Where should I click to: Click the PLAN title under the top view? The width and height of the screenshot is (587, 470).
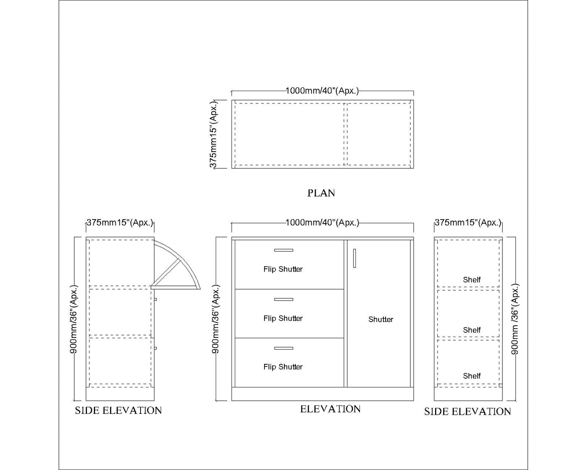pos(321,193)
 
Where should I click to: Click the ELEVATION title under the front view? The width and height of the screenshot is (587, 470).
pos(330,409)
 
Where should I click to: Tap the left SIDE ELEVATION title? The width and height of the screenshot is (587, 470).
pos(118,411)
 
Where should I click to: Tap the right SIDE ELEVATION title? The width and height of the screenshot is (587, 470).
pos(468,411)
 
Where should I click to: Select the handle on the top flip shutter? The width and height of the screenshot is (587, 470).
pos(284,250)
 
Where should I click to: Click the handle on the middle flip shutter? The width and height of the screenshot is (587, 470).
pos(284,299)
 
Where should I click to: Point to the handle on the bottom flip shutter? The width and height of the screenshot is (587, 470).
pos(284,348)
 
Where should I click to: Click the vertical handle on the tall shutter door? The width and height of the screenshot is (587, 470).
pos(354,258)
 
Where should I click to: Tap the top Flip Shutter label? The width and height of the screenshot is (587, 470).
pos(283,269)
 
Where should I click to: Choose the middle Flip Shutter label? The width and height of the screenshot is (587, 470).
pos(283,318)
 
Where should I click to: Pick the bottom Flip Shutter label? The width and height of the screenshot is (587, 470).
pos(283,367)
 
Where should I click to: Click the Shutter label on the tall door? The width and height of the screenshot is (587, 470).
pos(381,320)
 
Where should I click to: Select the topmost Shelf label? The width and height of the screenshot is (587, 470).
pos(472,280)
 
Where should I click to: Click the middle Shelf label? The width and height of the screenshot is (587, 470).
pos(472,330)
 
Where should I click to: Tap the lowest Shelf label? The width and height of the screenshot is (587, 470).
pos(472,376)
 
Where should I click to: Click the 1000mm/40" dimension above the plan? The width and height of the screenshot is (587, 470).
pos(322,91)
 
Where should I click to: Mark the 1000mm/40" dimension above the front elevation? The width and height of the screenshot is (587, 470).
pos(322,222)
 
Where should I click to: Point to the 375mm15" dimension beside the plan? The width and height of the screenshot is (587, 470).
pos(214,134)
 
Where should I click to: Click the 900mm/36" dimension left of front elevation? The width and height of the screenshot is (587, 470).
pos(216,319)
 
